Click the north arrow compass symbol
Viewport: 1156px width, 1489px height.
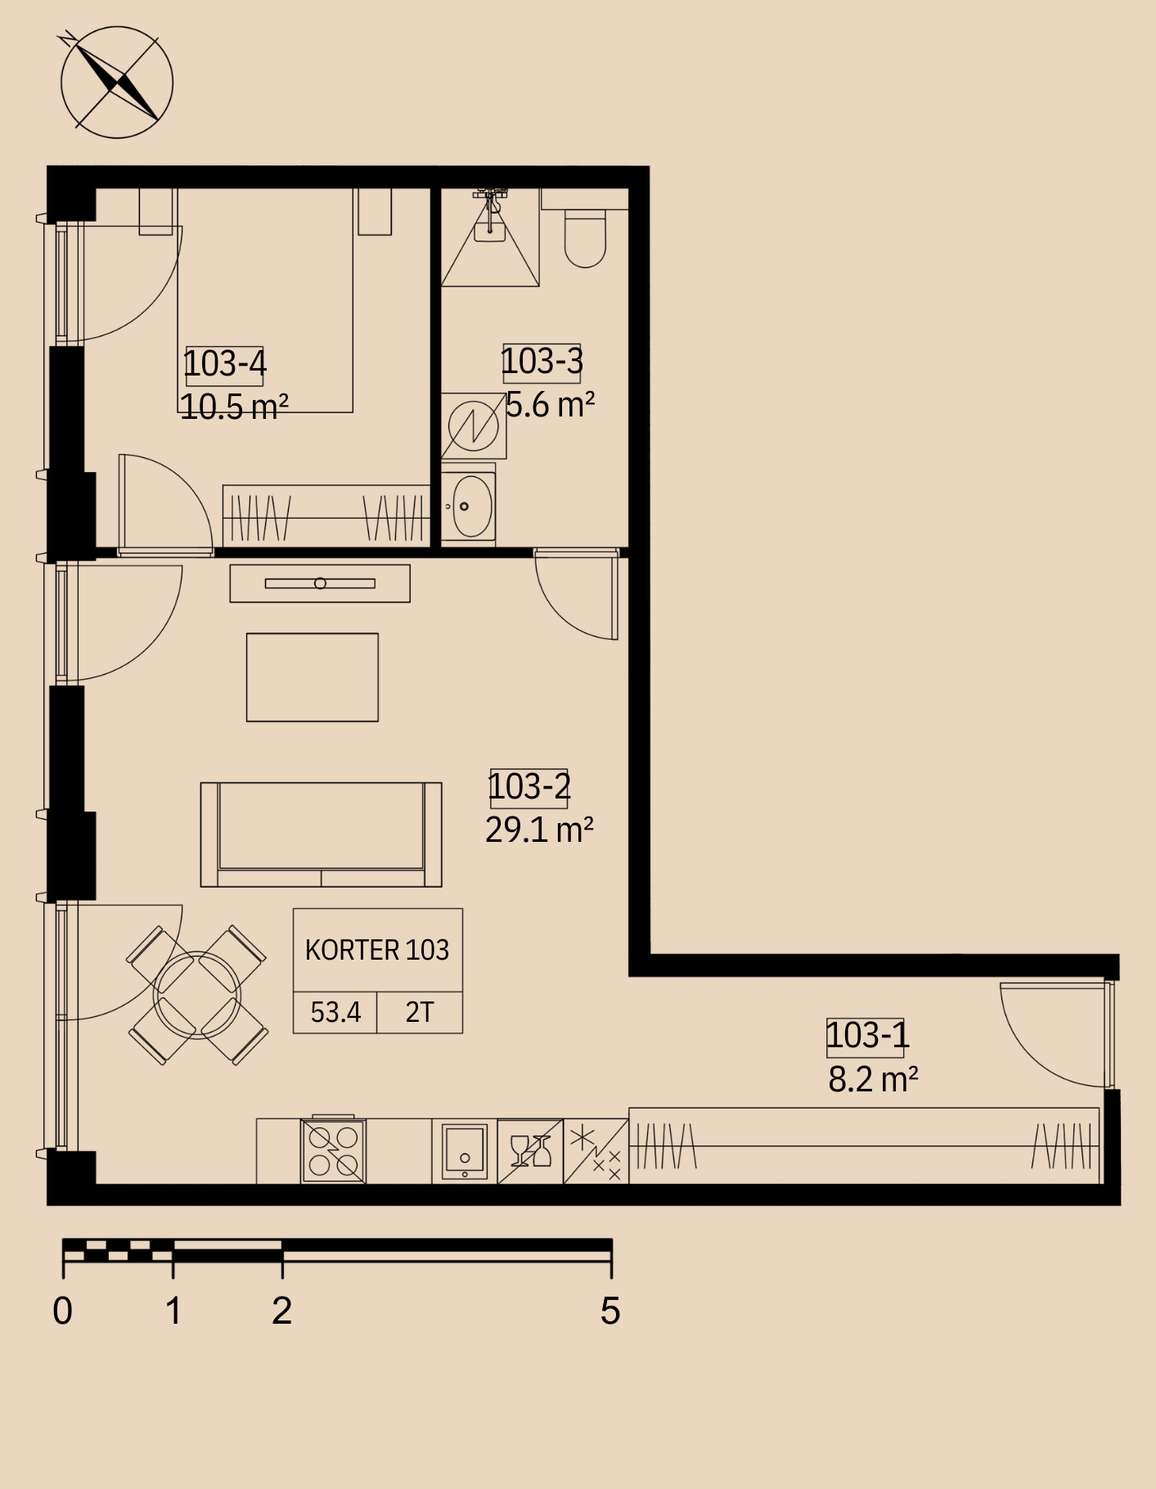point(117,82)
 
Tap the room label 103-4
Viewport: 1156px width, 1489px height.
point(225,364)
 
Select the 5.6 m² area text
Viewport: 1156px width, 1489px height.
point(550,404)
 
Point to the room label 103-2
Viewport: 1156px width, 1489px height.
point(529,787)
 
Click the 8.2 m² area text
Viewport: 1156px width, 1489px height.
point(873,1079)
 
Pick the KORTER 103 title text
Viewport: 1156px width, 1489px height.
point(377,950)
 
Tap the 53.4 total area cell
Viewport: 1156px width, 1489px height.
point(335,1013)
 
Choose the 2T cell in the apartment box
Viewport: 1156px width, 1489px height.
point(420,1013)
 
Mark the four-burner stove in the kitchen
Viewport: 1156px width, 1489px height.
point(334,1150)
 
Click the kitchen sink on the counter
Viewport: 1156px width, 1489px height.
point(464,1151)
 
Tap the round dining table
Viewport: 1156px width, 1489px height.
point(197,995)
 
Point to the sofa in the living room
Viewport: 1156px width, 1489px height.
point(322,834)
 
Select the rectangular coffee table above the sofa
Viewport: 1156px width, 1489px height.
point(313,677)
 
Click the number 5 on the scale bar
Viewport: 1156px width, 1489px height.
point(610,1311)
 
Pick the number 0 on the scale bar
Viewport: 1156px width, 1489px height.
point(62,1311)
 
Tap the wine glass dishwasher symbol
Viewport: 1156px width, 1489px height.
point(530,1151)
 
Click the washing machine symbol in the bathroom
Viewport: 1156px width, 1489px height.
point(474,426)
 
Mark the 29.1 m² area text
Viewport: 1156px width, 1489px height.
point(539,830)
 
